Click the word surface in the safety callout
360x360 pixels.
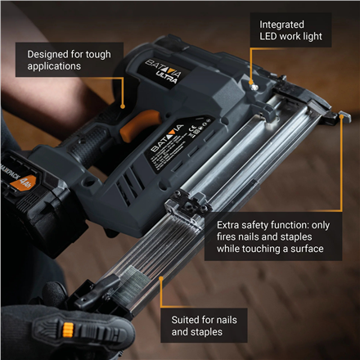click(x=299, y=248)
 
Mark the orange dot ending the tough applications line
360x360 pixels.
click(x=122, y=106)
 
